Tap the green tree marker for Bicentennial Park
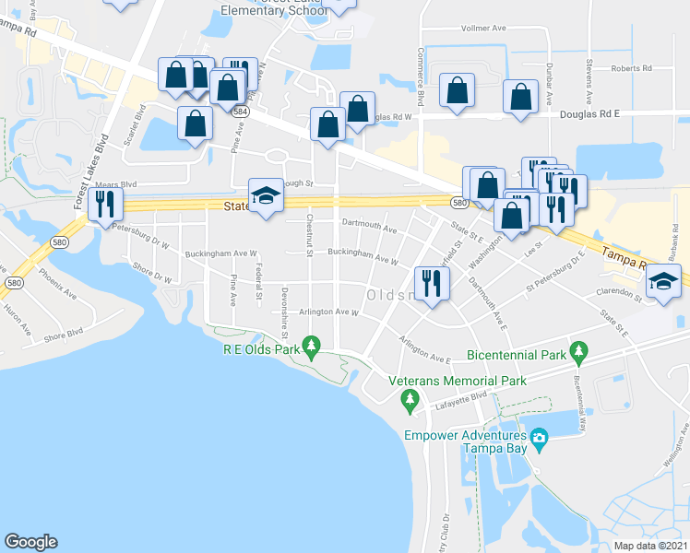[x=579, y=350]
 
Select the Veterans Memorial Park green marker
[x=410, y=399]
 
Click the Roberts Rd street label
[x=631, y=68]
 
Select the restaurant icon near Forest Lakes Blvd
[x=103, y=203]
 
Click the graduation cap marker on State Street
[x=266, y=194]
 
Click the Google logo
[x=30, y=542]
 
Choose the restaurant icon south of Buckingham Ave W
[x=430, y=281]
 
